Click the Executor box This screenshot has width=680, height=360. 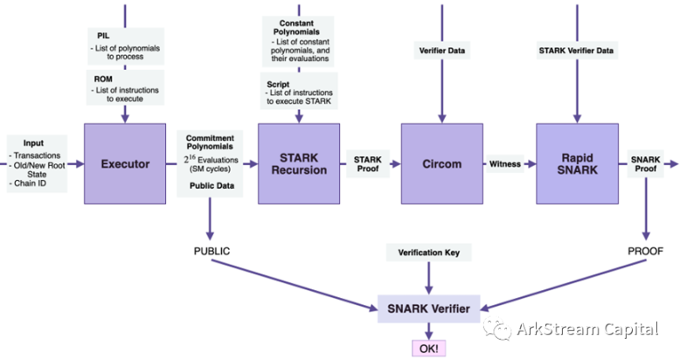point(124,163)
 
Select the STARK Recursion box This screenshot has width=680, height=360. point(299,163)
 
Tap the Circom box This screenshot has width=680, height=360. point(441,163)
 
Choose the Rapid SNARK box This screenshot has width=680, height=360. point(577,163)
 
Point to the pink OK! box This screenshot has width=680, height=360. point(429,348)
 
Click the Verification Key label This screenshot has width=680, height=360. point(428,253)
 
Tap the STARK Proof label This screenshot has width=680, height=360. point(367,163)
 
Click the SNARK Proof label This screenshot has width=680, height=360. point(645,163)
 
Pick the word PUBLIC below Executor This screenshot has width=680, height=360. point(212,252)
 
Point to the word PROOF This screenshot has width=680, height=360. point(647,252)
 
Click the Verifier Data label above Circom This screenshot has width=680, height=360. point(441,52)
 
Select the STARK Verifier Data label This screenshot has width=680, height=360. point(576,52)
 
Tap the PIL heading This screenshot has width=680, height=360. point(103,34)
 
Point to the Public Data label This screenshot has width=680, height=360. point(211,185)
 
